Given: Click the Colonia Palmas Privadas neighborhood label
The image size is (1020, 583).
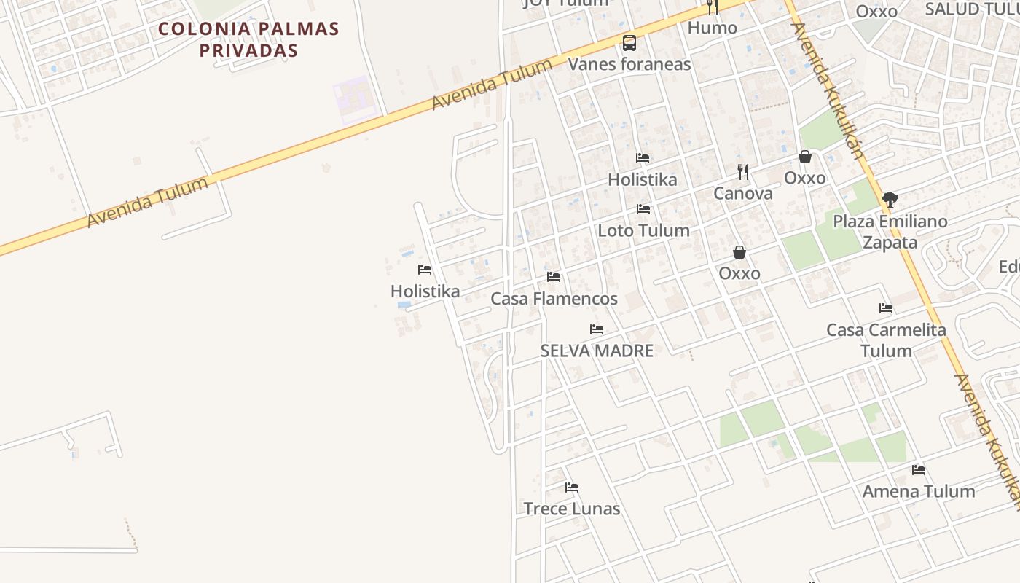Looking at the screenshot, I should point(249,39).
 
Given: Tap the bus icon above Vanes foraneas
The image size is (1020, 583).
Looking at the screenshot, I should point(629,43).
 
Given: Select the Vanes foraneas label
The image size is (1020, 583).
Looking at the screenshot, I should point(629,64).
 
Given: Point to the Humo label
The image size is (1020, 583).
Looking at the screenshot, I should point(713,28).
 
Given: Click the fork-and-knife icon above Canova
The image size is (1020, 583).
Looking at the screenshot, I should point(743,172).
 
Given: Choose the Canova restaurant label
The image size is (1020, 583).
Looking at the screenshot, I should point(743,193).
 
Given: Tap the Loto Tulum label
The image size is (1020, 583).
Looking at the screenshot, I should point(643,230).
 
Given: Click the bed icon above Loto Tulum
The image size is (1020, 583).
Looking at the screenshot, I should point(643,209).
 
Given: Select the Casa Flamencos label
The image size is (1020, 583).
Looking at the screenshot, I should point(554,298).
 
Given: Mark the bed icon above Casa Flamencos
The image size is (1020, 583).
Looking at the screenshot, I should point(554,277).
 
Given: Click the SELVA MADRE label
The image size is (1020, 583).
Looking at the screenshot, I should point(597,351).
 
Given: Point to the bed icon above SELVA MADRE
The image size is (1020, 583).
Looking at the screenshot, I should point(597,329).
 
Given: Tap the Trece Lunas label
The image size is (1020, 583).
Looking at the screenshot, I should point(572,509).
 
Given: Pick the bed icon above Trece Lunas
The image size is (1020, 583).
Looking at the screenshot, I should point(572,488).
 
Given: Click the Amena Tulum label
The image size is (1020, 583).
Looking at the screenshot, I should point(919,491).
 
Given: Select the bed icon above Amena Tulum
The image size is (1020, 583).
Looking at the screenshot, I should point(919,470).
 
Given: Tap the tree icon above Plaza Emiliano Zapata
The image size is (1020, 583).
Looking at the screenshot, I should point(890,199).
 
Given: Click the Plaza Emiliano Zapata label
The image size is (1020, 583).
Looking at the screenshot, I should point(890,231).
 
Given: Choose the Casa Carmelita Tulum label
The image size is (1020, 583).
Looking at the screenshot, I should point(886,340).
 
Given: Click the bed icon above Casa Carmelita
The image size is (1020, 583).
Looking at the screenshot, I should point(886,308).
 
